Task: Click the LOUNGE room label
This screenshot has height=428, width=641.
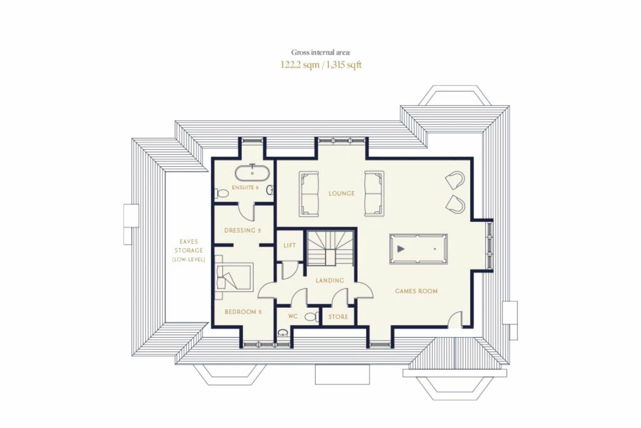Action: [x=341, y=193]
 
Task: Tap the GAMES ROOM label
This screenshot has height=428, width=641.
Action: [x=416, y=291]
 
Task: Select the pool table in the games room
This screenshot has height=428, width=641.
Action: [x=418, y=249]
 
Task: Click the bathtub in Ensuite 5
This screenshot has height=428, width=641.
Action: [x=252, y=174]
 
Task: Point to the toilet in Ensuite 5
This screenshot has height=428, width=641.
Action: [x=222, y=193]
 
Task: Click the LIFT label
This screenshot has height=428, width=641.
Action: [x=289, y=246]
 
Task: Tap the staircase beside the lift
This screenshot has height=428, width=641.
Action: [x=329, y=248]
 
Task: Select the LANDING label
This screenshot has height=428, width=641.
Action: [x=329, y=281]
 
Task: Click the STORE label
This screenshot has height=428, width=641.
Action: [x=338, y=316]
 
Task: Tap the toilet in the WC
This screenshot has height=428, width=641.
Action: [x=312, y=316]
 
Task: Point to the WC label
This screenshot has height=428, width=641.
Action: [x=293, y=316]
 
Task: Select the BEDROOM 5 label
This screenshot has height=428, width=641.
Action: [x=243, y=312]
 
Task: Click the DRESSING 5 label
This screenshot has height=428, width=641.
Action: [x=242, y=231]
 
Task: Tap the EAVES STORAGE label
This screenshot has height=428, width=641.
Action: [x=188, y=251]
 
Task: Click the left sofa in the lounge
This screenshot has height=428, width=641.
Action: [x=309, y=194]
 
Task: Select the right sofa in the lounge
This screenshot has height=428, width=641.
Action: [x=374, y=194]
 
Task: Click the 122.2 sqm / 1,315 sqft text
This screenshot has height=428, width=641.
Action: [x=321, y=65]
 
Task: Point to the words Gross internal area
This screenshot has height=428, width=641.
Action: [x=320, y=52]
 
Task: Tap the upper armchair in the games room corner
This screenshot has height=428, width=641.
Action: [x=455, y=180]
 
